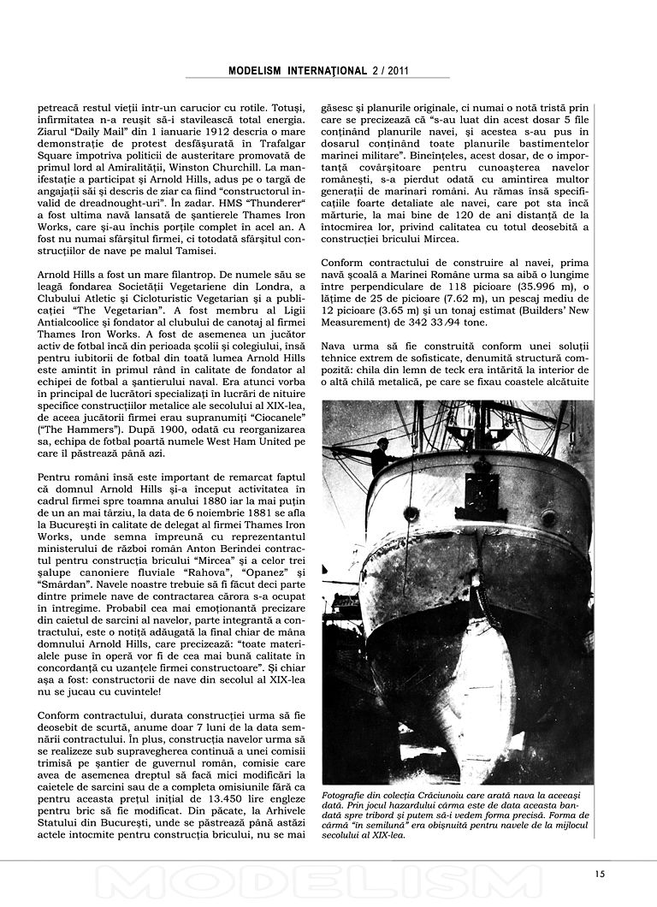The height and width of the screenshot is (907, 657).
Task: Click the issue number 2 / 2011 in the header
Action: click(386, 71)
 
